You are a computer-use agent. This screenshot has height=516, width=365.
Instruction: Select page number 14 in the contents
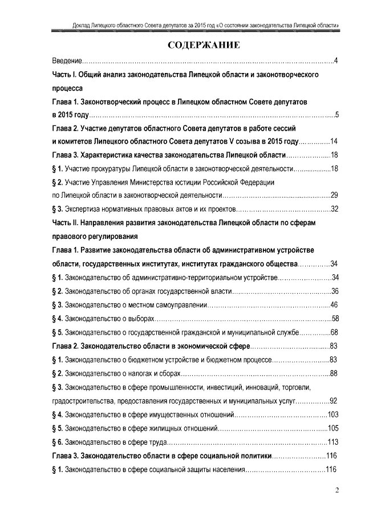tap(335, 141)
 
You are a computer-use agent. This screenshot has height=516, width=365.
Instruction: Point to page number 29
tap(335, 195)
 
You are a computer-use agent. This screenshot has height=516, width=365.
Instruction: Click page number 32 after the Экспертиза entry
tap(335, 209)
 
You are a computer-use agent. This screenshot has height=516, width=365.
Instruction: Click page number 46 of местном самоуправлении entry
tap(335, 305)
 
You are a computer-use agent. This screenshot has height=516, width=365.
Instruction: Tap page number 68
tap(335, 332)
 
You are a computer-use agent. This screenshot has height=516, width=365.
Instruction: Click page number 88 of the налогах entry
tap(334, 373)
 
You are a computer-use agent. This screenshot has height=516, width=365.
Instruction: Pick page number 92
tap(334, 401)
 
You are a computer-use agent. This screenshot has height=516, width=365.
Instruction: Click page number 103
tap(334, 415)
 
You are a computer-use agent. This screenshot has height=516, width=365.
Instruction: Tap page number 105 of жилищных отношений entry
tap(334, 428)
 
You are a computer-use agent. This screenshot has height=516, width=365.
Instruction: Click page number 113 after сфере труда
tap(334, 442)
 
